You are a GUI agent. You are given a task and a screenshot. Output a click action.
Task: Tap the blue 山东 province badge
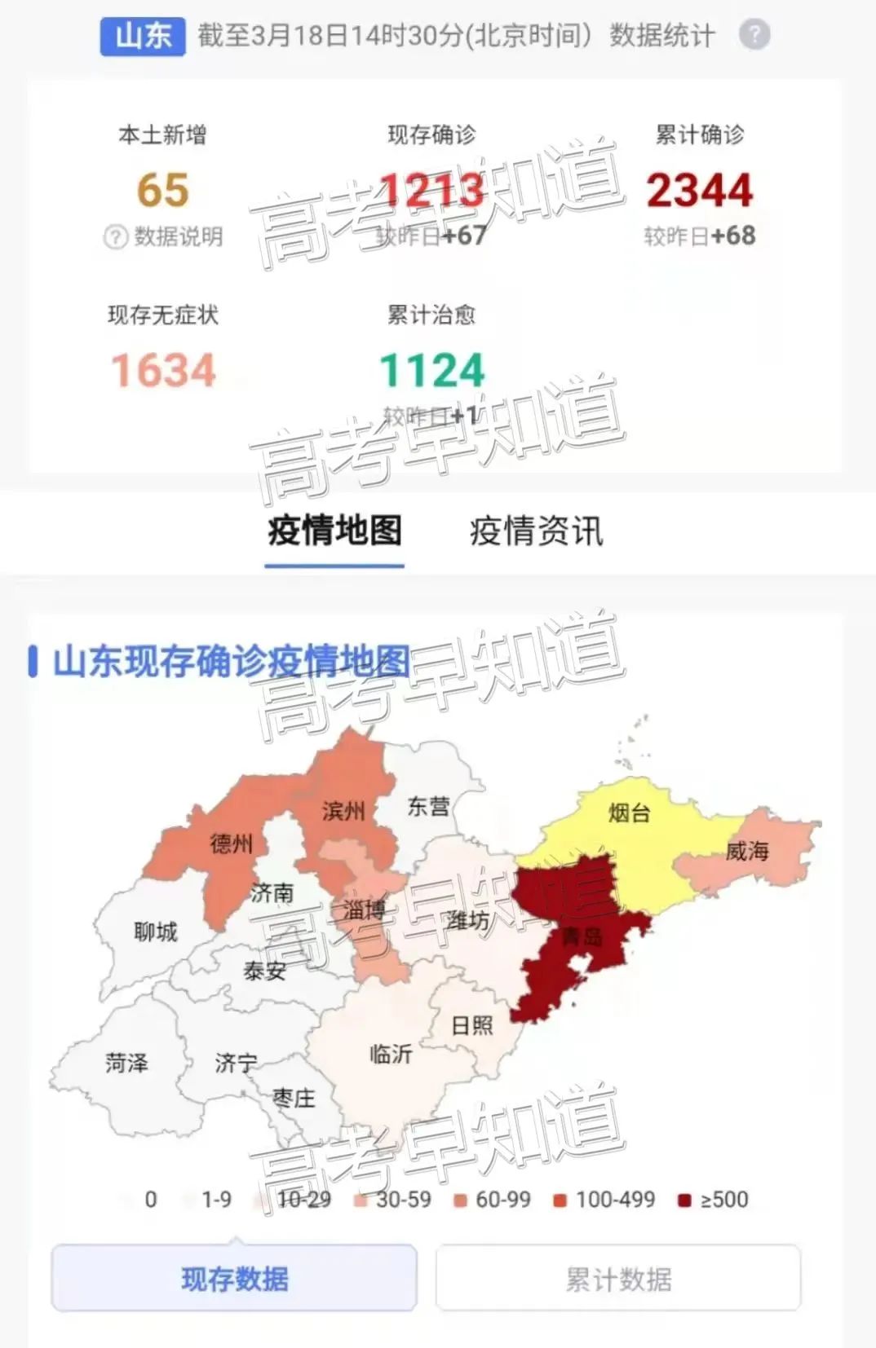pos(143,36)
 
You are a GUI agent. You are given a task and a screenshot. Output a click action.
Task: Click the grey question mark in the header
pos(754,35)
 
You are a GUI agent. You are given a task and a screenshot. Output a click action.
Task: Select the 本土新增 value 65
pos(163,191)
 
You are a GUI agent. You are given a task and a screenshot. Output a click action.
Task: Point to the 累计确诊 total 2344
pos(700,191)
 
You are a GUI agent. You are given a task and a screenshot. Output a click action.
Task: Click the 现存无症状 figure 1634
pos(163,371)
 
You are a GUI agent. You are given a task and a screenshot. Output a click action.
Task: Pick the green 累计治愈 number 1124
pos(432,371)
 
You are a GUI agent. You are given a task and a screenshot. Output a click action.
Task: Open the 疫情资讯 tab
pos(536,531)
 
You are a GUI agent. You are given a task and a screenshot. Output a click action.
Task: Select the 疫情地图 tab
pos(334,531)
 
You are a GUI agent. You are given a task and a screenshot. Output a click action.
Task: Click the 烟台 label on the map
pos(629,813)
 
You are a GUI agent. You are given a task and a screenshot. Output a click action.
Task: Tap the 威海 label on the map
pos(747,852)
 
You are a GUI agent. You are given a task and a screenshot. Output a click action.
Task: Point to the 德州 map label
pos(232,844)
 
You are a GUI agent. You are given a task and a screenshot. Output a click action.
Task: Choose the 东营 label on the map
pos(428,807)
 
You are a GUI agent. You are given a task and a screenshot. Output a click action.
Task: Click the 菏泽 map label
pos(126,1063)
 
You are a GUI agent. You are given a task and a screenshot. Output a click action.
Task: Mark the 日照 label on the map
pos(472,1025)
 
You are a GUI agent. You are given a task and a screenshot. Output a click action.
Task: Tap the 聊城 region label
pos(155,932)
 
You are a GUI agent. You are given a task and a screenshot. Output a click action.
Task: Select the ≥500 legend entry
pos(714,1200)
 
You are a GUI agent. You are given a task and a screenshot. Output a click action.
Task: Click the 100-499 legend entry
pos(605,1200)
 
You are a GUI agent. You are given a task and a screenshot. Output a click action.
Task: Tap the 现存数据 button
pos(235,1279)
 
